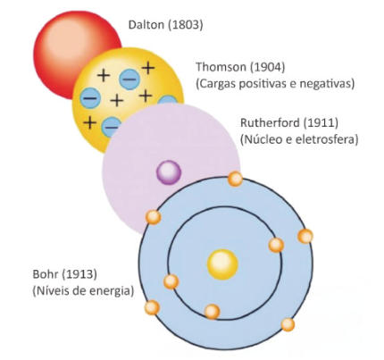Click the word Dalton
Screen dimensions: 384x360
click(146, 25)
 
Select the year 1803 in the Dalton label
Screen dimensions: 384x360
click(185, 25)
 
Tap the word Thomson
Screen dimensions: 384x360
click(221, 67)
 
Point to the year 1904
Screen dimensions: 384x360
click(266, 67)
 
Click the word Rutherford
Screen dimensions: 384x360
click(270, 123)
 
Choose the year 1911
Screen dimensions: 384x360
click(321, 123)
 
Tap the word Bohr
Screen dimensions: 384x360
click(46, 274)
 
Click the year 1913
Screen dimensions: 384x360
click(79, 274)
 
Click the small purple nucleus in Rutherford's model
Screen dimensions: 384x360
click(169, 172)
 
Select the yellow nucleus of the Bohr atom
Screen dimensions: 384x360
click(222, 264)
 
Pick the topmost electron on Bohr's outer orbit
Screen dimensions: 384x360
click(235, 179)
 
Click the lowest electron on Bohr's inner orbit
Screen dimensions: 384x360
click(213, 312)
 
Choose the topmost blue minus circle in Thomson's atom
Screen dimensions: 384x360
click(129, 80)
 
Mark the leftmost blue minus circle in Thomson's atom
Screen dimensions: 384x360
click(90, 98)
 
